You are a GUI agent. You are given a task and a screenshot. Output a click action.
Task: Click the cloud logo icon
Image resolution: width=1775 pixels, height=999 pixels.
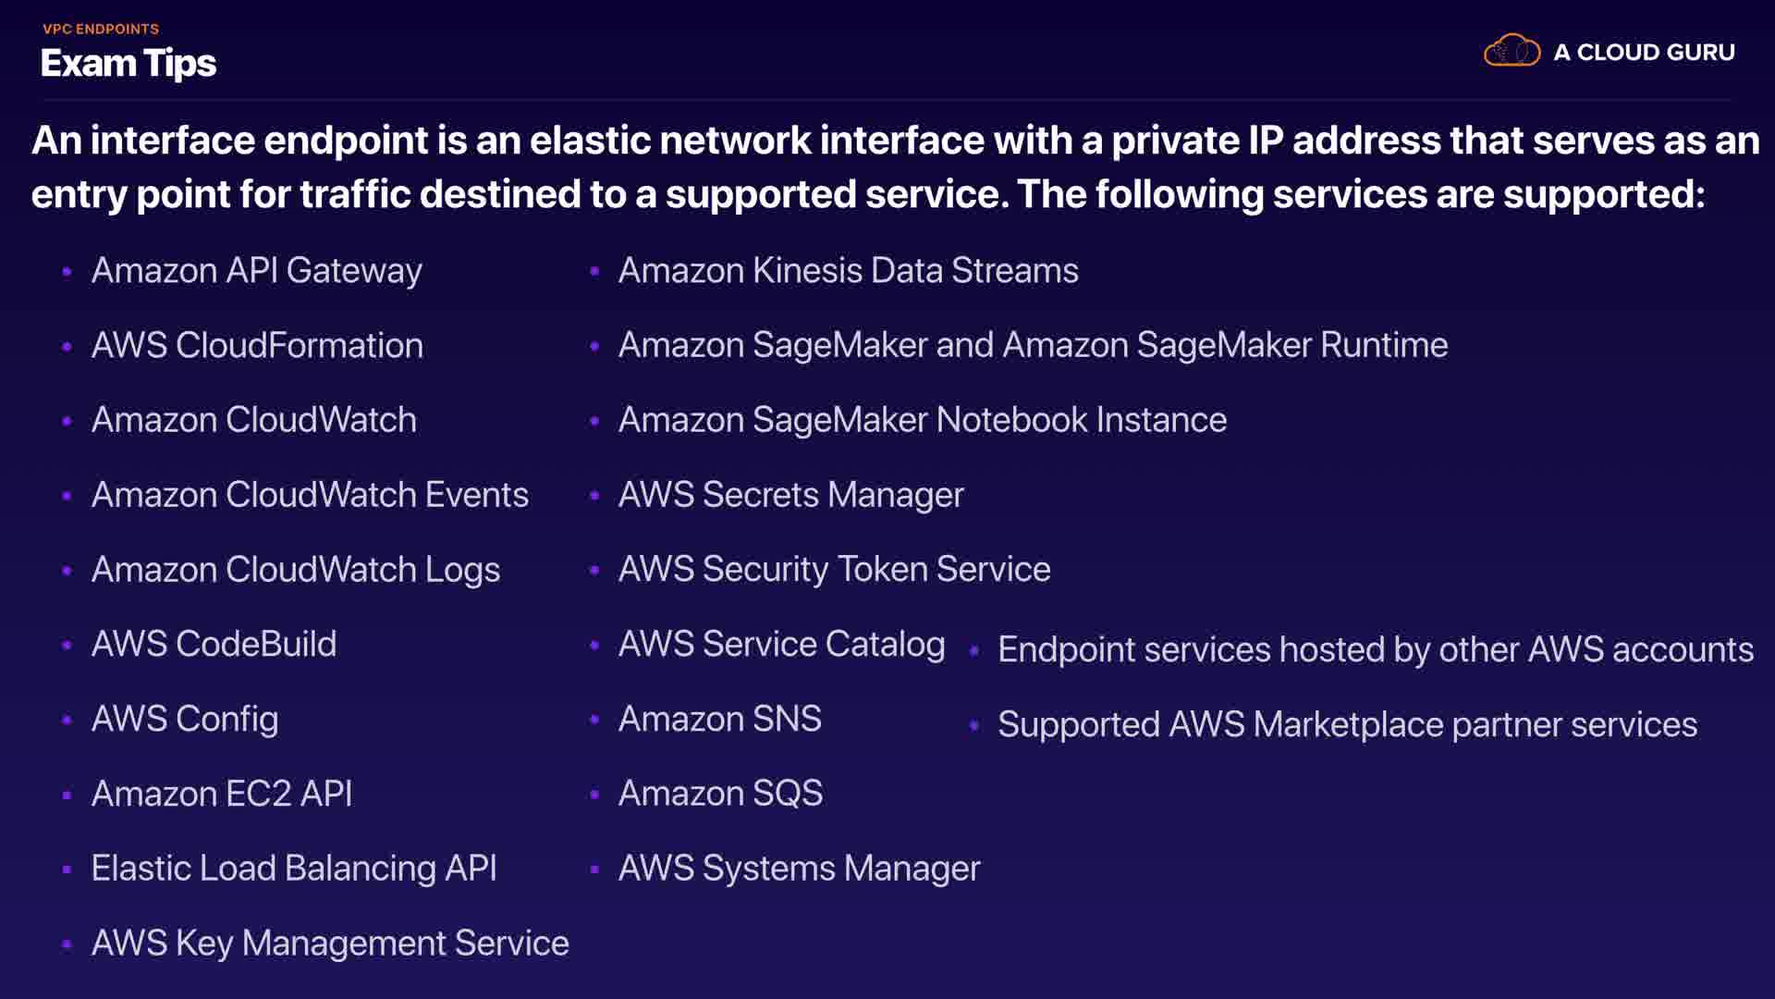click(1512, 51)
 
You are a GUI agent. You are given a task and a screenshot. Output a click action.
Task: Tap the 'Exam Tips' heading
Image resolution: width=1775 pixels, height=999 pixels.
click(129, 63)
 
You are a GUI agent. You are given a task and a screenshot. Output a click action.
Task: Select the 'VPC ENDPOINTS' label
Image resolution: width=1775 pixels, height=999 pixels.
click(101, 29)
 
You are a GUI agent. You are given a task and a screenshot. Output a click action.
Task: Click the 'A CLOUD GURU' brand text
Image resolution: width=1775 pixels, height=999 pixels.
click(1644, 53)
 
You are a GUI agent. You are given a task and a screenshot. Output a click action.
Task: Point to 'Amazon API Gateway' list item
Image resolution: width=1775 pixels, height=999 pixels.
click(256, 271)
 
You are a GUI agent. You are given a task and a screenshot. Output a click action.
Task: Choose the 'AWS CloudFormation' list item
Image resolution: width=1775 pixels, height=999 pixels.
click(257, 346)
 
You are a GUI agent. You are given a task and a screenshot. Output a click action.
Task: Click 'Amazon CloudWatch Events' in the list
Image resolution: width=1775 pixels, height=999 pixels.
click(310, 495)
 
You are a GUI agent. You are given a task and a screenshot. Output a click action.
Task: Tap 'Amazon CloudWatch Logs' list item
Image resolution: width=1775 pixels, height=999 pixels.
click(296, 570)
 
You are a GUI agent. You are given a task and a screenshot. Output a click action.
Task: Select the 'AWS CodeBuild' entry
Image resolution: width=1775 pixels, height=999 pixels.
click(214, 645)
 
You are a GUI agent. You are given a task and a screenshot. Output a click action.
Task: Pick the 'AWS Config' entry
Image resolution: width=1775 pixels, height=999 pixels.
click(185, 720)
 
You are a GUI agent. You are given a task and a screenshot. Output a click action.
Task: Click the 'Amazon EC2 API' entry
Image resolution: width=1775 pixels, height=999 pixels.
click(222, 794)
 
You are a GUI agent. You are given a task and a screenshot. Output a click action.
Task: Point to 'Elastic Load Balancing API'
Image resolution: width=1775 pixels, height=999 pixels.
click(294, 869)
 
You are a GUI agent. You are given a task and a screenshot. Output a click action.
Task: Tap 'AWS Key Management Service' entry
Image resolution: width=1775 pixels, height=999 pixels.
click(330, 943)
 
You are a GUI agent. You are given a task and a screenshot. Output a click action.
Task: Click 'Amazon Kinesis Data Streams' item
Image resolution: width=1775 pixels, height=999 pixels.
click(848, 271)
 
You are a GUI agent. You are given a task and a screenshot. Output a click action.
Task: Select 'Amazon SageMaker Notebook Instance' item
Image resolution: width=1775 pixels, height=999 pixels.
click(922, 420)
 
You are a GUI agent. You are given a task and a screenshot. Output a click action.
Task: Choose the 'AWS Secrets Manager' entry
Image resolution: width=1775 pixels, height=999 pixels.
click(790, 495)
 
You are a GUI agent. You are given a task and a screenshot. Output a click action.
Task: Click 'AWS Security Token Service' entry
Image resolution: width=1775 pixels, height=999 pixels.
click(834, 570)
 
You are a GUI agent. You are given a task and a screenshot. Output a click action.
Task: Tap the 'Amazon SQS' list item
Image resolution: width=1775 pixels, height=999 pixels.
click(720, 794)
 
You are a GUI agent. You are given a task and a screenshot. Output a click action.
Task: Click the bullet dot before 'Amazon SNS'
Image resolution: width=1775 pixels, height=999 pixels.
click(594, 720)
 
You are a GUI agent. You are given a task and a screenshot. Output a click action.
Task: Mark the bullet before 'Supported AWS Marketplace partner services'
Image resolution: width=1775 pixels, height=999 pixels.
click(973, 726)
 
